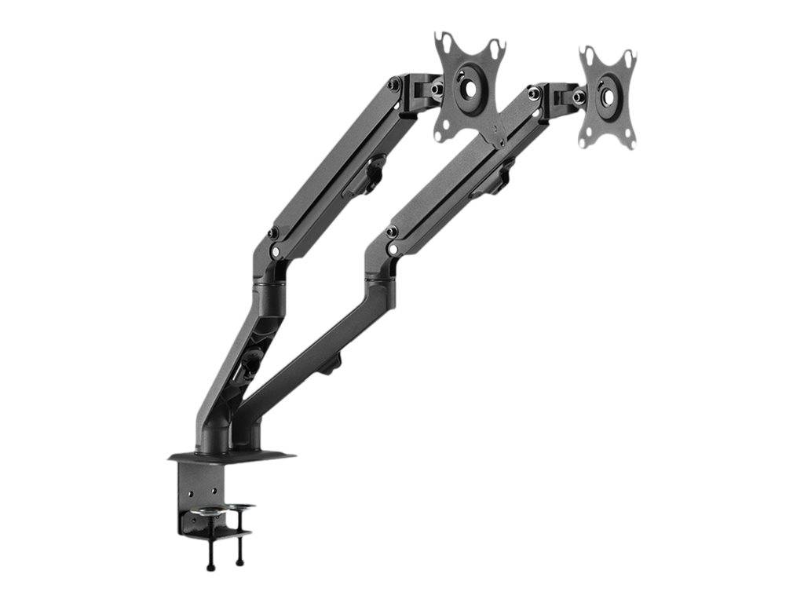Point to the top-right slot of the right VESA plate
628,57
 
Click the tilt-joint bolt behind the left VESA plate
437,89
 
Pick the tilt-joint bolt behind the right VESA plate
579,97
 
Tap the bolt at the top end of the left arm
393,83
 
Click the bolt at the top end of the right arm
534,93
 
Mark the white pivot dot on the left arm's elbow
276,251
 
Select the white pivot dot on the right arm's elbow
393,250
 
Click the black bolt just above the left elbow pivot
272,234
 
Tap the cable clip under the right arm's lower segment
334,362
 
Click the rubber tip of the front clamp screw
211,564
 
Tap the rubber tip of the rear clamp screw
239,561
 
